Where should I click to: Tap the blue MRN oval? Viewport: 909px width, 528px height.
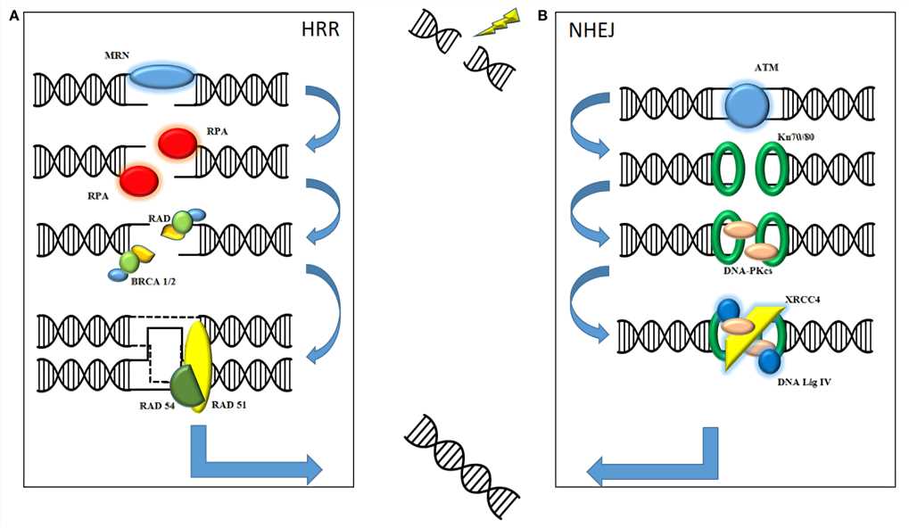click(x=161, y=78)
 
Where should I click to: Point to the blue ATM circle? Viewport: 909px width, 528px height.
click(x=747, y=106)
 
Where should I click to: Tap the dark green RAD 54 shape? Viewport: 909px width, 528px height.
click(x=184, y=385)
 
